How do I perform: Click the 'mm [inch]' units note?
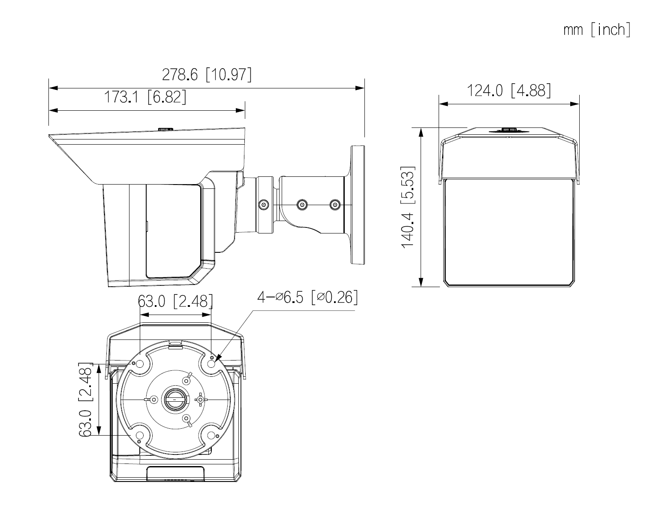click(x=597, y=30)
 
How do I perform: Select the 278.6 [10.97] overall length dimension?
click(x=207, y=75)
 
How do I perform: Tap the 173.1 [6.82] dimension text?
click(x=145, y=97)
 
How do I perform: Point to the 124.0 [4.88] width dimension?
click(x=509, y=91)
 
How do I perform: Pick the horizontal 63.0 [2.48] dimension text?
click(x=175, y=301)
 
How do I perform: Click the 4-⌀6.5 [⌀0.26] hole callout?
click(x=307, y=297)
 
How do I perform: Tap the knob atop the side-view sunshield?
click(x=165, y=129)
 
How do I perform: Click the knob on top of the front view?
click(x=509, y=130)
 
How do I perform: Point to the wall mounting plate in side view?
click(x=358, y=205)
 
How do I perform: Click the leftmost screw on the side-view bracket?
click(x=264, y=205)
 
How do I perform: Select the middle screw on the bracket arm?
click(x=303, y=205)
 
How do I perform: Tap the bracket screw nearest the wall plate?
click(x=335, y=205)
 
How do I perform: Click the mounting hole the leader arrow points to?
click(x=211, y=364)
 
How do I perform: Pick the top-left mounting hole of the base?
click(x=139, y=364)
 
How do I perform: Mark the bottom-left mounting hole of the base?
click(x=139, y=436)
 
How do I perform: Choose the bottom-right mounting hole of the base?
click(x=211, y=436)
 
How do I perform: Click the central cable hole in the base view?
click(x=175, y=399)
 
